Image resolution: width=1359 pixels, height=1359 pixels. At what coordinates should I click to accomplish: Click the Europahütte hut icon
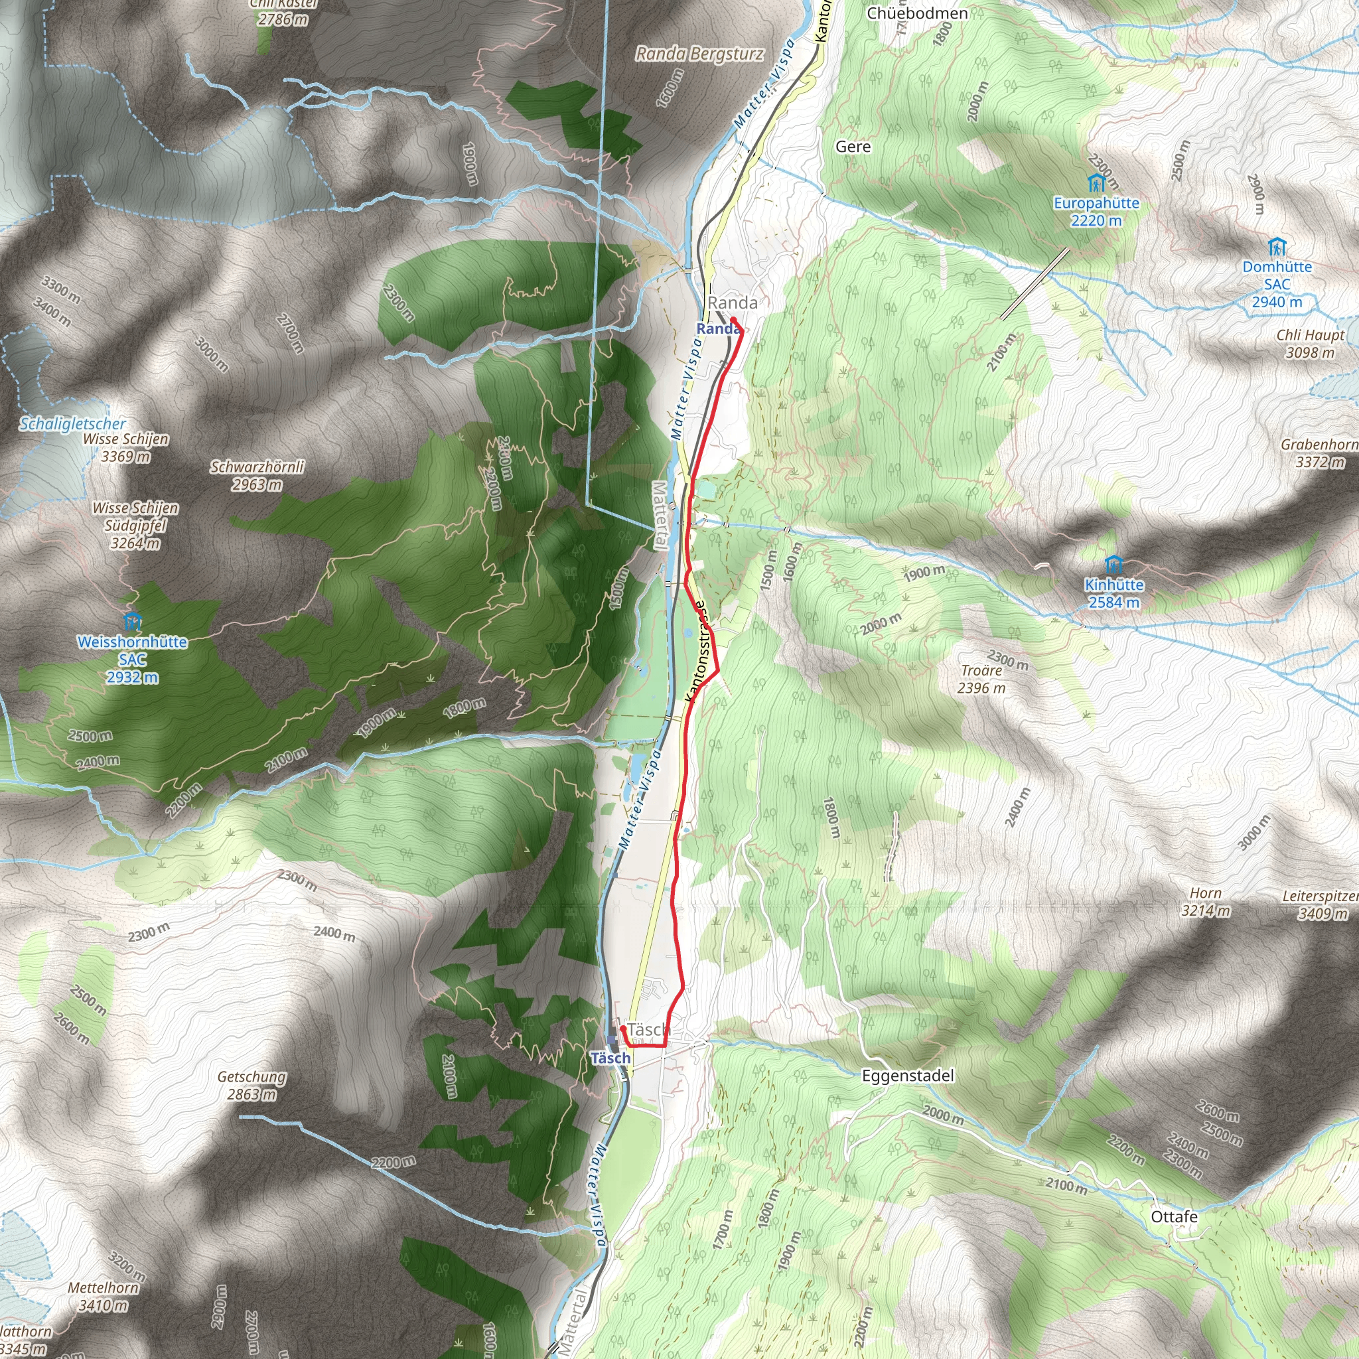tap(1096, 184)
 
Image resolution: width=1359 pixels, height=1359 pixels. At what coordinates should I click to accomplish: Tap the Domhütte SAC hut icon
tap(1277, 248)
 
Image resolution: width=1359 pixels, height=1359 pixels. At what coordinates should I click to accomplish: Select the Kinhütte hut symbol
tap(1113, 565)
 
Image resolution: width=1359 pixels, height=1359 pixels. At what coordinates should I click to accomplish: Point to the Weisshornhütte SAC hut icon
tap(132, 621)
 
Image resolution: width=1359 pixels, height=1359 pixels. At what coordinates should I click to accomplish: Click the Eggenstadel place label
tap(907, 1076)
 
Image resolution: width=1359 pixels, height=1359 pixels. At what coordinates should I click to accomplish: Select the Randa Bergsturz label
tap(699, 54)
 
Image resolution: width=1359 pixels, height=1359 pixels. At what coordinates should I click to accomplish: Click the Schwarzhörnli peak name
tap(257, 467)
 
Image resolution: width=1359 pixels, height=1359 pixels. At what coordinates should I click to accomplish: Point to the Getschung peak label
tap(251, 1076)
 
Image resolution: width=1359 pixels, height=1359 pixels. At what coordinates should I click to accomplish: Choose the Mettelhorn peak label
tap(104, 1287)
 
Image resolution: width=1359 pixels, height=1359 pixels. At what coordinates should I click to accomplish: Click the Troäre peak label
tap(981, 670)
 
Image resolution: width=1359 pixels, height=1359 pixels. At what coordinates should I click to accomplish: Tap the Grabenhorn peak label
tap(1319, 445)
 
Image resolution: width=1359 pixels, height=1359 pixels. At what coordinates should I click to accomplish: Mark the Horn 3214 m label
tap(1206, 893)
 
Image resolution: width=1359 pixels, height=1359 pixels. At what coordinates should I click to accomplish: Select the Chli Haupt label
tap(1310, 336)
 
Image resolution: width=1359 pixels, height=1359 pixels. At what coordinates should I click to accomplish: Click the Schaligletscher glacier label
tap(72, 424)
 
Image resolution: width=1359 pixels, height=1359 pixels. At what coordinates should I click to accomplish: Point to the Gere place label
tap(853, 146)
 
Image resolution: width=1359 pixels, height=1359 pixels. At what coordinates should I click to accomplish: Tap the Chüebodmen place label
tap(917, 13)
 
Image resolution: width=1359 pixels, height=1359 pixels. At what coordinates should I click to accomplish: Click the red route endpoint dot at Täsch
tap(623, 1029)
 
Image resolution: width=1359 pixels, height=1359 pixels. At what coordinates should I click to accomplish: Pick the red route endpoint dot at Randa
tap(734, 321)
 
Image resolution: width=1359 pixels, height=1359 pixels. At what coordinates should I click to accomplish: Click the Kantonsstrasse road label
tap(696, 652)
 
